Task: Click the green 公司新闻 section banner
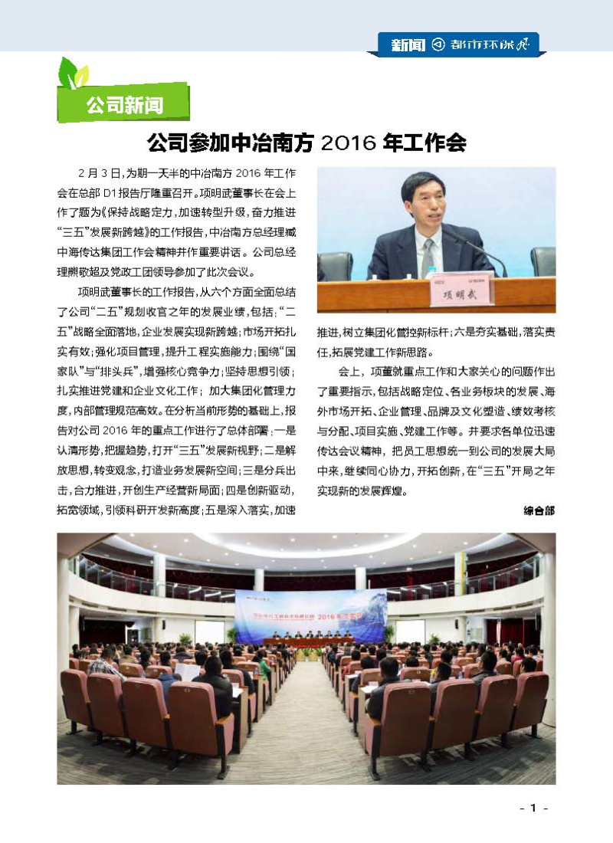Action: (123, 103)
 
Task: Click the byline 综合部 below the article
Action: (539, 510)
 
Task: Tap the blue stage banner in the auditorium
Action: (310, 615)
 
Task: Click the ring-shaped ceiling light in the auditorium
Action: (306, 548)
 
